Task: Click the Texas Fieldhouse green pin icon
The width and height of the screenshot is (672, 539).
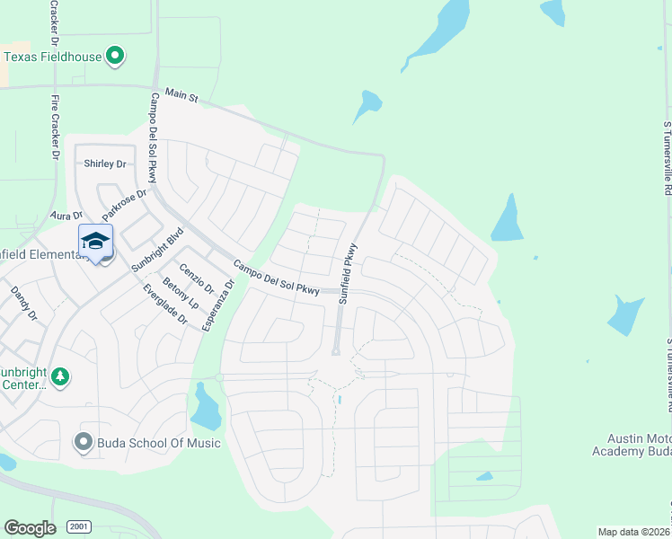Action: point(114,57)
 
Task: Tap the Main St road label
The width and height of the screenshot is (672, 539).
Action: point(181,95)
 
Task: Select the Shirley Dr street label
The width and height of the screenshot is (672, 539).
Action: point(105,163)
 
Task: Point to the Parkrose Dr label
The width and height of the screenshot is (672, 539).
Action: point(124,206)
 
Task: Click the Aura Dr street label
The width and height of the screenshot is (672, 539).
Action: point(66,216)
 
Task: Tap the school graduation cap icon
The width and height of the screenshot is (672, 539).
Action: point(95,241)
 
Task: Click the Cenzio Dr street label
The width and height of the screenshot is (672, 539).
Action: point(196,278)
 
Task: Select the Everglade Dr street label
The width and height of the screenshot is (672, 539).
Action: point(165,305)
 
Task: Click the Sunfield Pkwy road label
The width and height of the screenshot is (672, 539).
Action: point(348,273)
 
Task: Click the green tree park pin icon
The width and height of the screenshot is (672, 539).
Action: point(59,376)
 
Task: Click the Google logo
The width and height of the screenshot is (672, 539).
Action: point(30,527)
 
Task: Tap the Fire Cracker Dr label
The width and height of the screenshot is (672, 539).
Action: point(55,127)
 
